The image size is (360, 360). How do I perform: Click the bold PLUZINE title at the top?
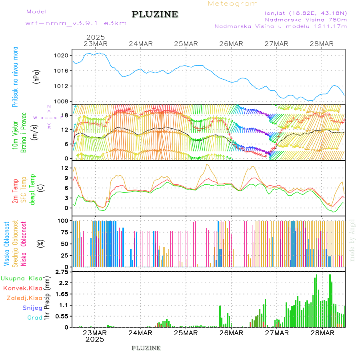[x=155, y=15]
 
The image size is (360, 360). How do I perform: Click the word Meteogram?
[x=233, y=4]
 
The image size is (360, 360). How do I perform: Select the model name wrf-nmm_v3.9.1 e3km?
[x=76, y=23]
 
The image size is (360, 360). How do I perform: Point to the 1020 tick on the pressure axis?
[x=64, y=55]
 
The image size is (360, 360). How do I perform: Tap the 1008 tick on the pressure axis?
[x=64, y=101]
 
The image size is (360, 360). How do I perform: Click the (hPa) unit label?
[x=37, y=76]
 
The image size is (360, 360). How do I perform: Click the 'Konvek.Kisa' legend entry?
[x=22, y=288]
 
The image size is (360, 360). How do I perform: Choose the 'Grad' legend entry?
[x=34, y=318]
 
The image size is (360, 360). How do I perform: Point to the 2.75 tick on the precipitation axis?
[x=62, y=272]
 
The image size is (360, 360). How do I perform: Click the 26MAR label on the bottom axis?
[x=231, y=332]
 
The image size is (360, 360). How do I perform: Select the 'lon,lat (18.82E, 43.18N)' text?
[x=303, y=13]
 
